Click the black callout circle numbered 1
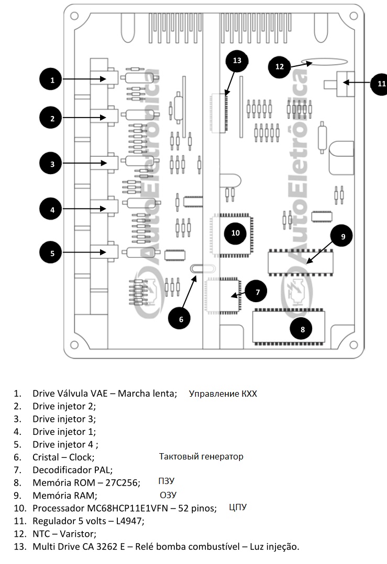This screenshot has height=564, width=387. pyautogui.click(x=52, y=80)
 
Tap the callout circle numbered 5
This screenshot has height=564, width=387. pyautogui.click(x=52, y=253)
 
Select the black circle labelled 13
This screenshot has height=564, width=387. pyautogui.click(x=237, y=61)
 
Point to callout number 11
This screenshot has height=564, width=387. pyautogui.click(x=380, y=83)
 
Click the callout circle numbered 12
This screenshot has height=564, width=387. pyautogui.click(x=279, y=66)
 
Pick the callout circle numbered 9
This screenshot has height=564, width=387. pyautogui.click(x=343, y=236)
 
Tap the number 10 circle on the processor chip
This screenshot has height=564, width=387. pyautogui.click(x=235, y=233)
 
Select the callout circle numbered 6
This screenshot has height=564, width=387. pyautogui.click(x=181, y=318)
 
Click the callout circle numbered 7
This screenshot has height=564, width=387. pyautogui.click(x=257, y=292)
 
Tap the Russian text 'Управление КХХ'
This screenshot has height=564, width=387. pyautogui.click(x=223, y=394)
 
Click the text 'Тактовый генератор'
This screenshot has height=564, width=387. pyautogui.click(x=201, y=457)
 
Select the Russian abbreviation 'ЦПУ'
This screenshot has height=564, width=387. pyautogui.click(x=237, y=508)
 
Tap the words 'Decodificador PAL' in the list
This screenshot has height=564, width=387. pyautogui.click(x=72, y=470)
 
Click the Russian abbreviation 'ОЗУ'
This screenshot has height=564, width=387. pyautogui.click(x=168, y=495)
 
